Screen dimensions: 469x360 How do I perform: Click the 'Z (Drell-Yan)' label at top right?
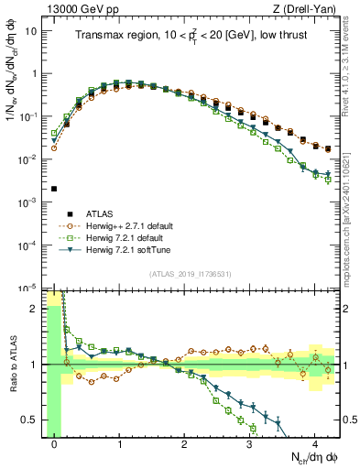tap(303, 8)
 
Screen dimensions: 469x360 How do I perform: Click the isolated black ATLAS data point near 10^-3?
tap(54, 189)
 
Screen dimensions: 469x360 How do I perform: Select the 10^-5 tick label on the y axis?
tap(30, 288)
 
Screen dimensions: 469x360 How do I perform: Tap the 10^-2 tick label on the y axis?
tap(30, 159)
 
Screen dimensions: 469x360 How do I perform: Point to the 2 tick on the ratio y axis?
tap(37, 309)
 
